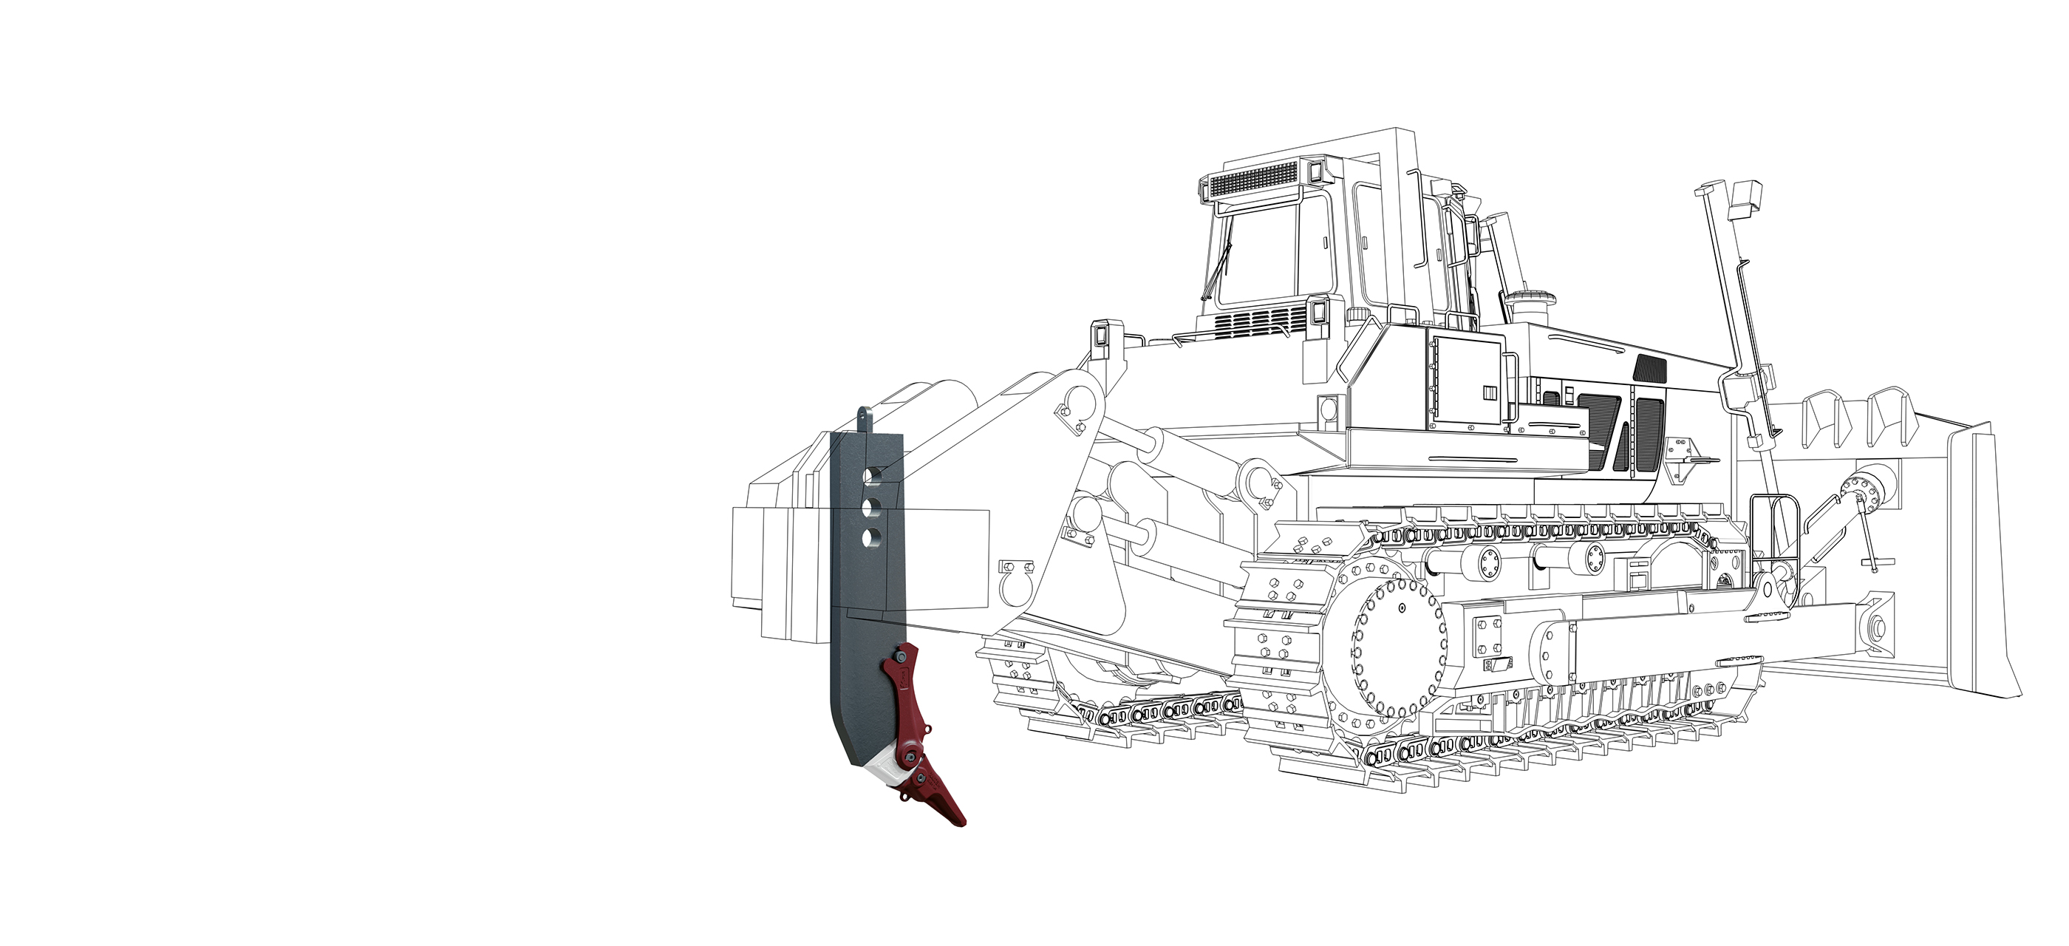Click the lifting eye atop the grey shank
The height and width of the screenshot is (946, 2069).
[863, 417]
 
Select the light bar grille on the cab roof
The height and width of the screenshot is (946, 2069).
[1253, 180]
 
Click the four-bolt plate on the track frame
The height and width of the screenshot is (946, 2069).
[1487, 638]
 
